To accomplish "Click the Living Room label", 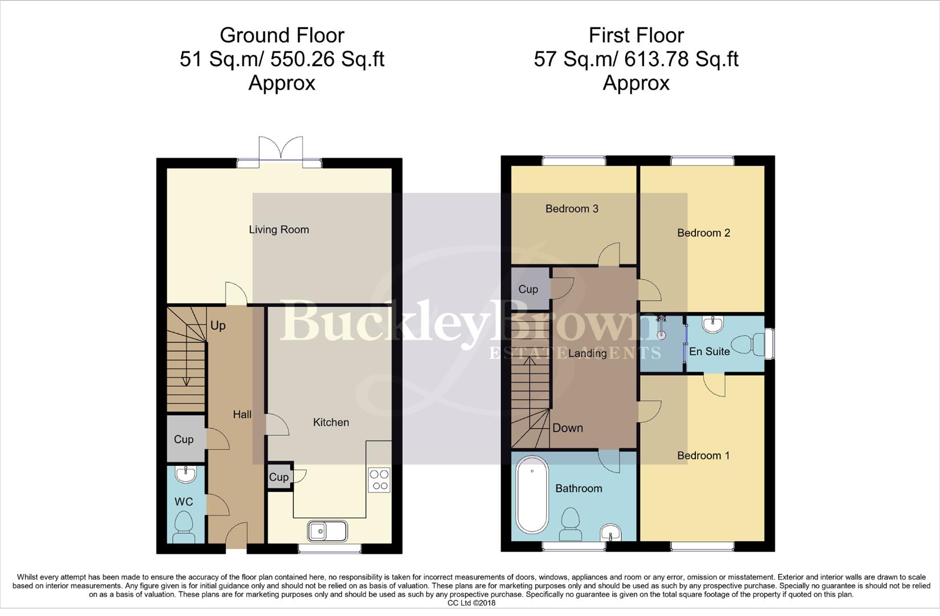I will click(x=279, y=229).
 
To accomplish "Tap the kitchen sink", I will click(x=327, y=531).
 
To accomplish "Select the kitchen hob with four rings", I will click(x=379, y=480).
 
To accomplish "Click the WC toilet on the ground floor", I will click(x=184, y=526).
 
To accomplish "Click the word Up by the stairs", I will click(x=218, y=325).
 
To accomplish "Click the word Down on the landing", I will click(x=567, y=428).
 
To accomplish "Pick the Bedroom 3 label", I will click(x=572, y=208).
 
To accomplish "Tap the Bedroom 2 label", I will click(x=703, y=233).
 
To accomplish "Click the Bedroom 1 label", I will click(x=703, y=455).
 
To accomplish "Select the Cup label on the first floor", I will click(x=528, y=289).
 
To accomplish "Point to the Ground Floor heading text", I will click(x=282, y=35).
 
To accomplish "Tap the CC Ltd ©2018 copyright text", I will click(x=471, y=603).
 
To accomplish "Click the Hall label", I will click(x=242, y=414).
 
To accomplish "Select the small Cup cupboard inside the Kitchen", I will click(x=279, y=477).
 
